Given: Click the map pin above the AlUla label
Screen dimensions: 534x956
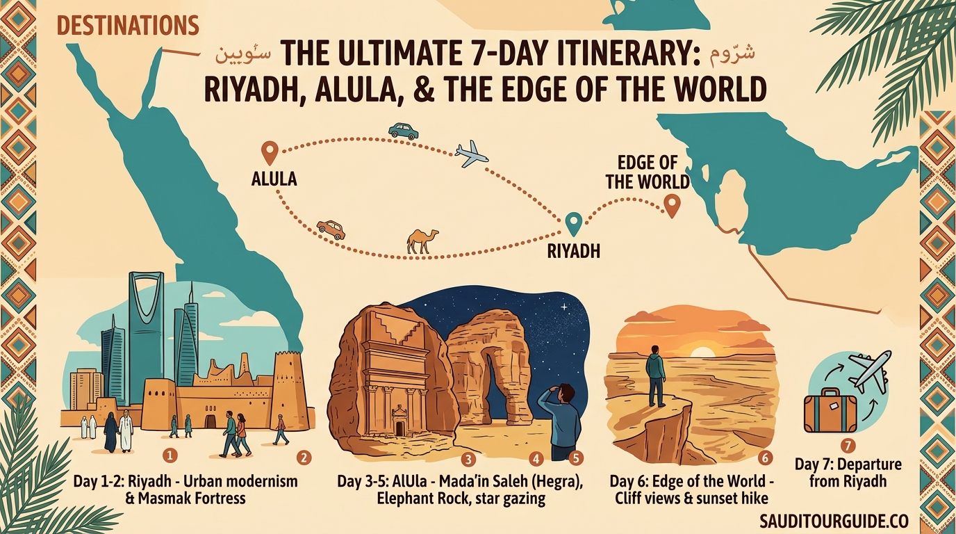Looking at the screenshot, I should (269, 152).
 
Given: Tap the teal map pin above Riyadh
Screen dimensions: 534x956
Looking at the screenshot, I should (573, 223).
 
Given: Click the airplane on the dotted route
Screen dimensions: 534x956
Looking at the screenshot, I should (471, 154).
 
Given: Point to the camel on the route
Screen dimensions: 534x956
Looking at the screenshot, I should (422, 241).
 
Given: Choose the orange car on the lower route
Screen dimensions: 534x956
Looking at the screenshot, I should (331, 229).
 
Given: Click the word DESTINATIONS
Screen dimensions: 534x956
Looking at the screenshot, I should (128, 26).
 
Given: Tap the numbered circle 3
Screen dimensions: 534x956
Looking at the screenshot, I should (469, 458).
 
